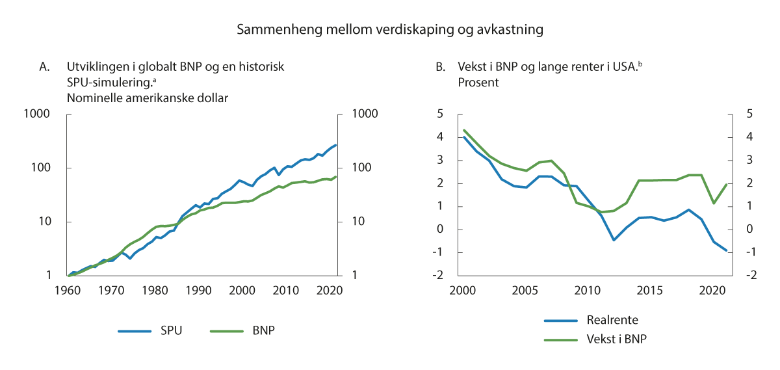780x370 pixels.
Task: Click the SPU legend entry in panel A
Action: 169,330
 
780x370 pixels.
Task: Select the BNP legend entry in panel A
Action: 262,330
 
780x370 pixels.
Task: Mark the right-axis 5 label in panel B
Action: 735,114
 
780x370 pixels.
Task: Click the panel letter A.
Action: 45,67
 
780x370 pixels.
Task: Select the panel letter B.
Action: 440,67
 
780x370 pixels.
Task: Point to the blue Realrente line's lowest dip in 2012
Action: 614,240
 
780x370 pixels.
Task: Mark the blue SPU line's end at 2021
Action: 336,145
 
